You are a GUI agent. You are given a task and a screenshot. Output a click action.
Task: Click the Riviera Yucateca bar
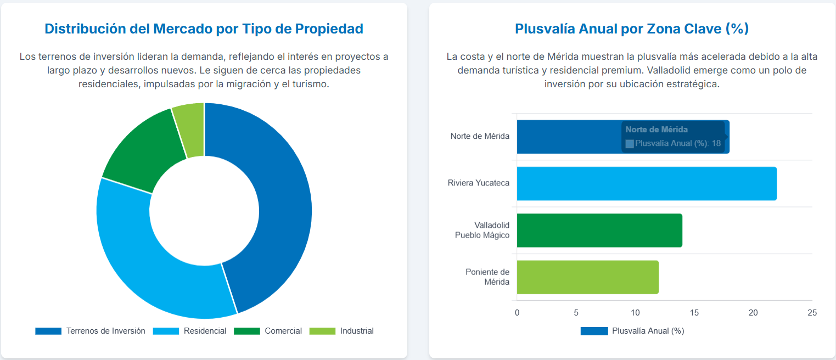(646, 183)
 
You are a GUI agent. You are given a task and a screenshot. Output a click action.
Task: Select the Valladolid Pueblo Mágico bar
(599, 230)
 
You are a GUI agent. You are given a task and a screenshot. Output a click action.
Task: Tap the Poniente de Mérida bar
(587, 277)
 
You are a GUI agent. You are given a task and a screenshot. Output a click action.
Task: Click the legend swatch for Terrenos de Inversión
(48, 331)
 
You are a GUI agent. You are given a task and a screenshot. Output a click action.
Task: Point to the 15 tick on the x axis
(694, 313)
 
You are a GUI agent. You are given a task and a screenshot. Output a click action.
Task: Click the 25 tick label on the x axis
(812, 313)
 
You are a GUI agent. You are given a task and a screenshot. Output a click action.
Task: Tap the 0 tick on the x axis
(517, 313)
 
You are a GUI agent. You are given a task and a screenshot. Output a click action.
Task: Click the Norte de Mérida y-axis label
(480, 136)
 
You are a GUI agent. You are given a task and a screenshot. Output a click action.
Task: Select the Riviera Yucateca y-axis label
(478, 183)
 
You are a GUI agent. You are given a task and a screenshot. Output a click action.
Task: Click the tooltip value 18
(716, 143)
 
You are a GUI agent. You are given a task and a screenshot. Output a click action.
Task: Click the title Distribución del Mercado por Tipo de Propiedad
(204, 29)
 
